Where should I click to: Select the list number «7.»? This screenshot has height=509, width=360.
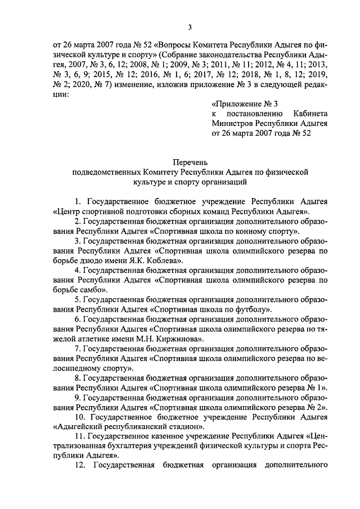point(79,350)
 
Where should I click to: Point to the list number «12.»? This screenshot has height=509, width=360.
point(80,466)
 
